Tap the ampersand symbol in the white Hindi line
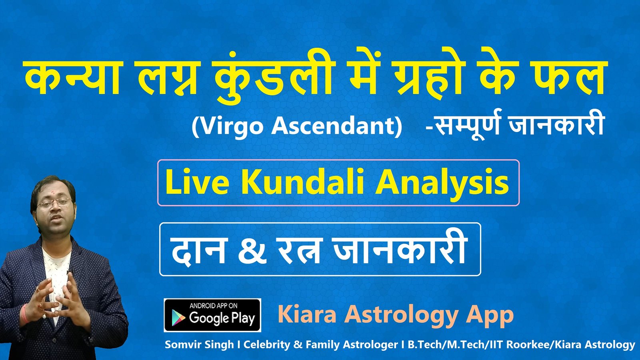(251, 252)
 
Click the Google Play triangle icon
(178, 318)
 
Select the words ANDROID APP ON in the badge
(213, 306)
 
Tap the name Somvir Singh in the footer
(199, 344)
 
